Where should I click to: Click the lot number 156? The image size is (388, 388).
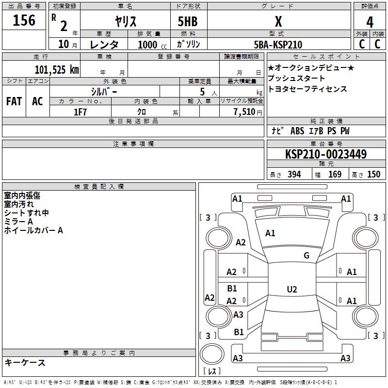point(24,20)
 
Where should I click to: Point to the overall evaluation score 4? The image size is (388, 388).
point(370,22)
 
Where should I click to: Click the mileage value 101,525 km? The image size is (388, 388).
point(57,69)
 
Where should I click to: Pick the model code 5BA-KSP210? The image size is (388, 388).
point(278,45)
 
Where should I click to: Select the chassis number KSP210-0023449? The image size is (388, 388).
point(326,154)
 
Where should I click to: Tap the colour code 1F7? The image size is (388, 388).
point(80,112)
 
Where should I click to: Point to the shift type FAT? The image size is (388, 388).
point(14,101)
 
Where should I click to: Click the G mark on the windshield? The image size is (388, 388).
point(306,256)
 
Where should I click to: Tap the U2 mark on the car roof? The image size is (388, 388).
point(291,289)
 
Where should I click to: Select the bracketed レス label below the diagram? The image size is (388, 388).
point(212,372)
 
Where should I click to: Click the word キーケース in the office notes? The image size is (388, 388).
point(25,362)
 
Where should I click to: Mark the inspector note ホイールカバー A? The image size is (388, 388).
point(33,230)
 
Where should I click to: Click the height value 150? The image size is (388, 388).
point(373,175)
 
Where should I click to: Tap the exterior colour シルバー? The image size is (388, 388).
point(104,91)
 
